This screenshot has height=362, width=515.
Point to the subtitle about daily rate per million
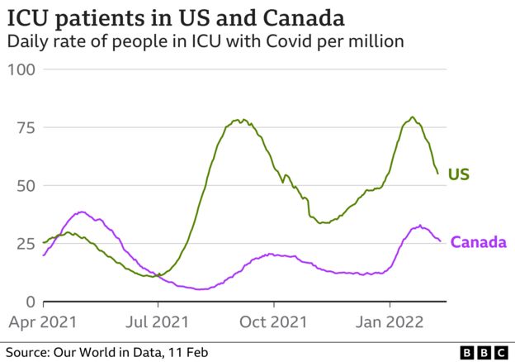tap(206, 40)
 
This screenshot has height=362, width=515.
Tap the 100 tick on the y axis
tap(21, 69)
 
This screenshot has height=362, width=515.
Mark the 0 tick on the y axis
tap(30, 302)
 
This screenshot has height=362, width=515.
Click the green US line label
tap(459, 174)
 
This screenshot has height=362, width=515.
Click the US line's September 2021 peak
tap(238, 120)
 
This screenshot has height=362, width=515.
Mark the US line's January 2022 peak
tap(412, 117)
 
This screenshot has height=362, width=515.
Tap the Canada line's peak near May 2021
tap(81, 212)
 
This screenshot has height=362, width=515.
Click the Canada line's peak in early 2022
tap(420, 225)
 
